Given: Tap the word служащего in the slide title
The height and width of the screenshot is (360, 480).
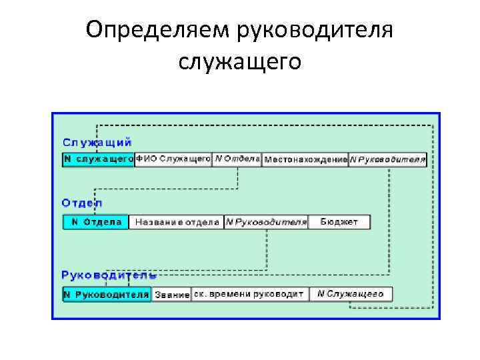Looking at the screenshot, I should [x=240, y=61].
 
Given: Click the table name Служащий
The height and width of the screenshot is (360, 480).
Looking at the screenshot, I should [x=97, y=142].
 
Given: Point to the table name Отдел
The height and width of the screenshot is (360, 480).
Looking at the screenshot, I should [x=82, y=203].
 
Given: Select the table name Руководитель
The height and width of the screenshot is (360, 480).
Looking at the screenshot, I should [x=109, y=275].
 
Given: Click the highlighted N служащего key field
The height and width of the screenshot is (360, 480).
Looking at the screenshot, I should [x=98, y=159].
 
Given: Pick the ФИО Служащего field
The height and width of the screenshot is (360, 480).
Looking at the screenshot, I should [x=173, y=159].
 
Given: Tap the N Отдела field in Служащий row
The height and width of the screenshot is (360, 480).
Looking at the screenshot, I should [x=237, y=159].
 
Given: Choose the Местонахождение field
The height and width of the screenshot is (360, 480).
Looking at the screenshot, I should [x=305, y=159].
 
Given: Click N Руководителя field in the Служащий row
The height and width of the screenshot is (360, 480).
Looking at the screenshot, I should [x=387, y=159].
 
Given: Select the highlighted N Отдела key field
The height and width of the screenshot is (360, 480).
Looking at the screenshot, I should [x=95, y=222].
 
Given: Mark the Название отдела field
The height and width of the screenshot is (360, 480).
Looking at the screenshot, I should [x=177, y=222].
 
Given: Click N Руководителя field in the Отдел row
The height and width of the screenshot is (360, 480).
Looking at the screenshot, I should [x=266, y=222].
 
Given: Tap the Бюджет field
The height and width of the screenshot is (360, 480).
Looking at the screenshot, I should [x=339, y=222].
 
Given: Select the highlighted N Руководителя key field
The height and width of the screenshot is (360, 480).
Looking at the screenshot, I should [x=107, y=294].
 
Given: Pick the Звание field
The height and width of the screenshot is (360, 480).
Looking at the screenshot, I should [x=172, y=294].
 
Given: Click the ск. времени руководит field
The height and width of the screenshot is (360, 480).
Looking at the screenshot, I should [x=249, y=294].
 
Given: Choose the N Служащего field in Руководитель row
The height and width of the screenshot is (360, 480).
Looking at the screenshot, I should [x=351, y=294].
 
